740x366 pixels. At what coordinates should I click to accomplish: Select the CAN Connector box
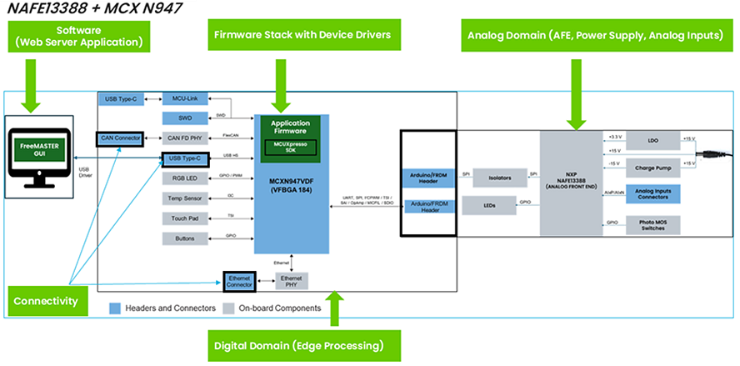pyautogui.click(x=119, y=137)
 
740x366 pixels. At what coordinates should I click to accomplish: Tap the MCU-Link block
pyautogui.click(x=185, y=98)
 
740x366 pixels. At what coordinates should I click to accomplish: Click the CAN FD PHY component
pyautogui.click(x=185, y=137)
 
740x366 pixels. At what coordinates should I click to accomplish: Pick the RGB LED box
pyautogui.click(x=185, y=178)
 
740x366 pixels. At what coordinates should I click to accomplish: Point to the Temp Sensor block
pyautogui.click(x=185, y=198)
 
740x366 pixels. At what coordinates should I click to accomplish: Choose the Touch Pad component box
pyautogui.click(x=185, y=218)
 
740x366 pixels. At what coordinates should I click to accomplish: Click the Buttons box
pyautogui.click(x=185, y=239)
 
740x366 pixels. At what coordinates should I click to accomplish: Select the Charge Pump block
pyautogui.click(x=652, y=165)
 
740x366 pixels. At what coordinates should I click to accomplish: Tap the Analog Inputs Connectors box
pyautogui.click(x=652, y=194)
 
